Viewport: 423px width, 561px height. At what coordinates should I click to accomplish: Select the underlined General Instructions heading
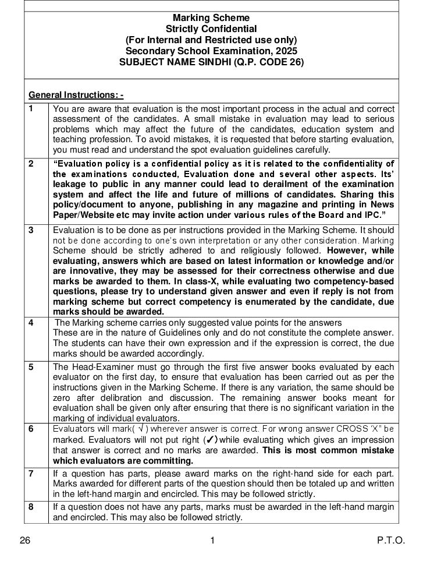76,95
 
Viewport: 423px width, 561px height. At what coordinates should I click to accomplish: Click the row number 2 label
31,164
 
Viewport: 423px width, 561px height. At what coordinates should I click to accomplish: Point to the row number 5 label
31,366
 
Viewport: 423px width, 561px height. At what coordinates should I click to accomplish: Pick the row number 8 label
31,506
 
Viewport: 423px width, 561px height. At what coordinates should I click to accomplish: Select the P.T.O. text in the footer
390,540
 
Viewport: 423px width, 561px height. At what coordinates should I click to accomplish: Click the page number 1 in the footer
212,540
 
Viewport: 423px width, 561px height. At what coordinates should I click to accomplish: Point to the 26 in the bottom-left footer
25,540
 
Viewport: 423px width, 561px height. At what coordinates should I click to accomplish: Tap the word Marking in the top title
189,18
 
